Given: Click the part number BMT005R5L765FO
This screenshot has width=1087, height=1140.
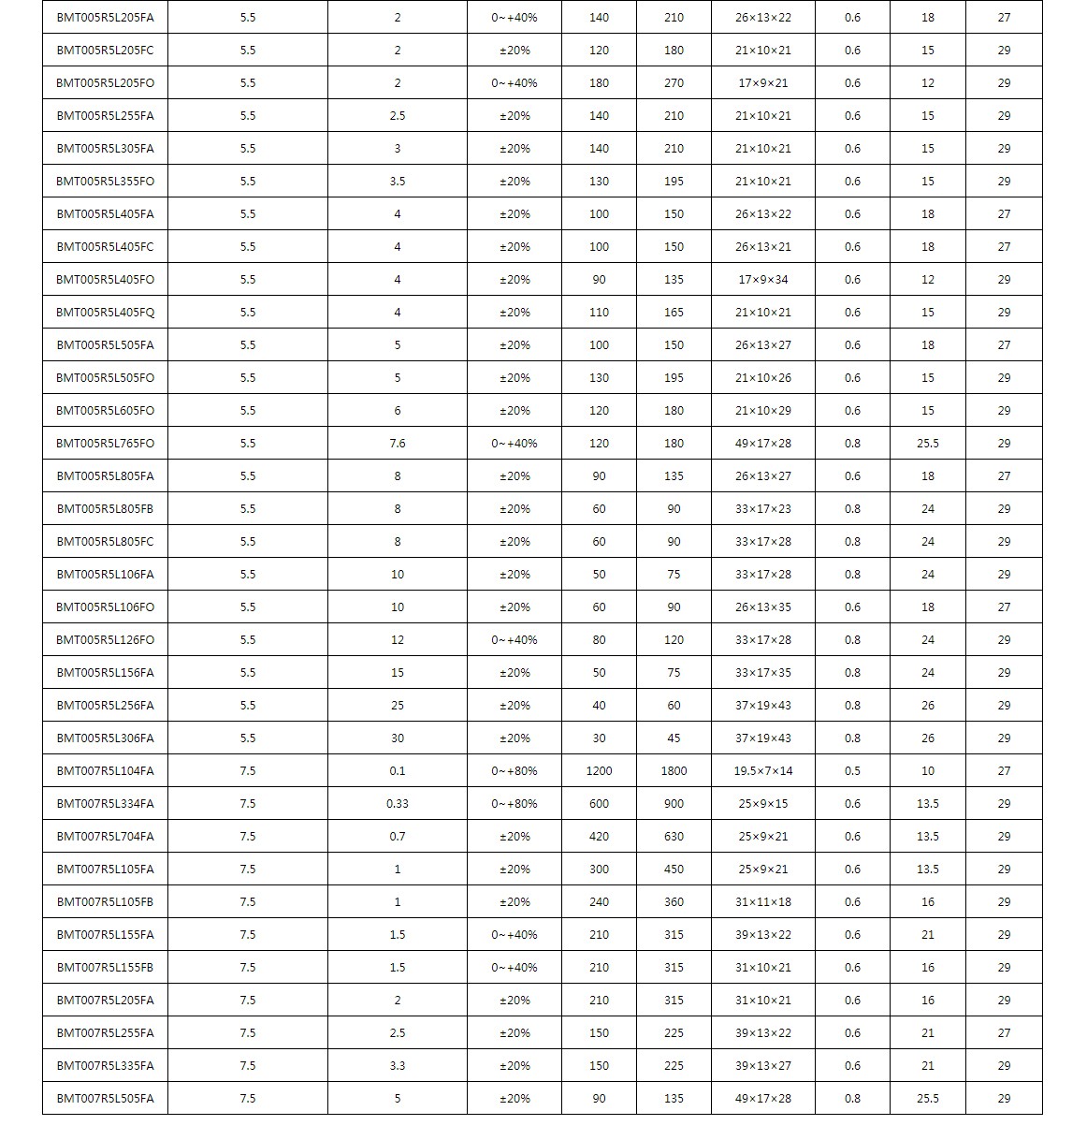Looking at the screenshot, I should point(105,444).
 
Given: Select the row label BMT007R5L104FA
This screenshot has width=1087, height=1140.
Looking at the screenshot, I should point(105,771).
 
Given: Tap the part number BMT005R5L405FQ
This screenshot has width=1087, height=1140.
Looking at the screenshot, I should point(105,313).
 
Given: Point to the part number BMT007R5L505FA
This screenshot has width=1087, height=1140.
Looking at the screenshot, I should point(105,1099).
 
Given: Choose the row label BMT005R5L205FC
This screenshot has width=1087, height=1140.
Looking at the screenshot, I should point(105,51).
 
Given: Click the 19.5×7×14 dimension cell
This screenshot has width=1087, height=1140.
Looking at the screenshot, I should point(762,771).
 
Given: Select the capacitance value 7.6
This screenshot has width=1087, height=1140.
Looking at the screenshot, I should point(398,444).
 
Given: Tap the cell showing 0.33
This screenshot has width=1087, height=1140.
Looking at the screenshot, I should point(398,804).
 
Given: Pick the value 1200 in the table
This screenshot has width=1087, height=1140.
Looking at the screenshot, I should point(599,771).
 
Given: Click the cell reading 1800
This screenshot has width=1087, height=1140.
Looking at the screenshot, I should point(674,771).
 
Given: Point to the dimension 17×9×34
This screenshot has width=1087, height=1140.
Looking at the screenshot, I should point(762,280).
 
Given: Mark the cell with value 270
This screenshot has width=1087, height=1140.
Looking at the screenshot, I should point(674,83).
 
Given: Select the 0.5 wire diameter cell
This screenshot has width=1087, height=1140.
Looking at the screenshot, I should point(852,771).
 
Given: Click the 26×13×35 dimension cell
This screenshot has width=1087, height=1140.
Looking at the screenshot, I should point(762,607).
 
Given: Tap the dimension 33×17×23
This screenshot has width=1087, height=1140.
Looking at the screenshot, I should point(762,509).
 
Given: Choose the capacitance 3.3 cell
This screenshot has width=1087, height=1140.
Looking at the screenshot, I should point(398,1066).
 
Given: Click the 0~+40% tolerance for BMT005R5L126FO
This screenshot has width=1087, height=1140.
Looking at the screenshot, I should point(514,640).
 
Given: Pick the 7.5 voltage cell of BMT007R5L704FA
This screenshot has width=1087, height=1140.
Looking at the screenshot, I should point(247,837).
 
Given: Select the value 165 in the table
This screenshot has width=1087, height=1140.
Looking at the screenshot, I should point(674,313).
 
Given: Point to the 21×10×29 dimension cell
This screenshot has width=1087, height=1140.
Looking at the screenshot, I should point(762,411).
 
